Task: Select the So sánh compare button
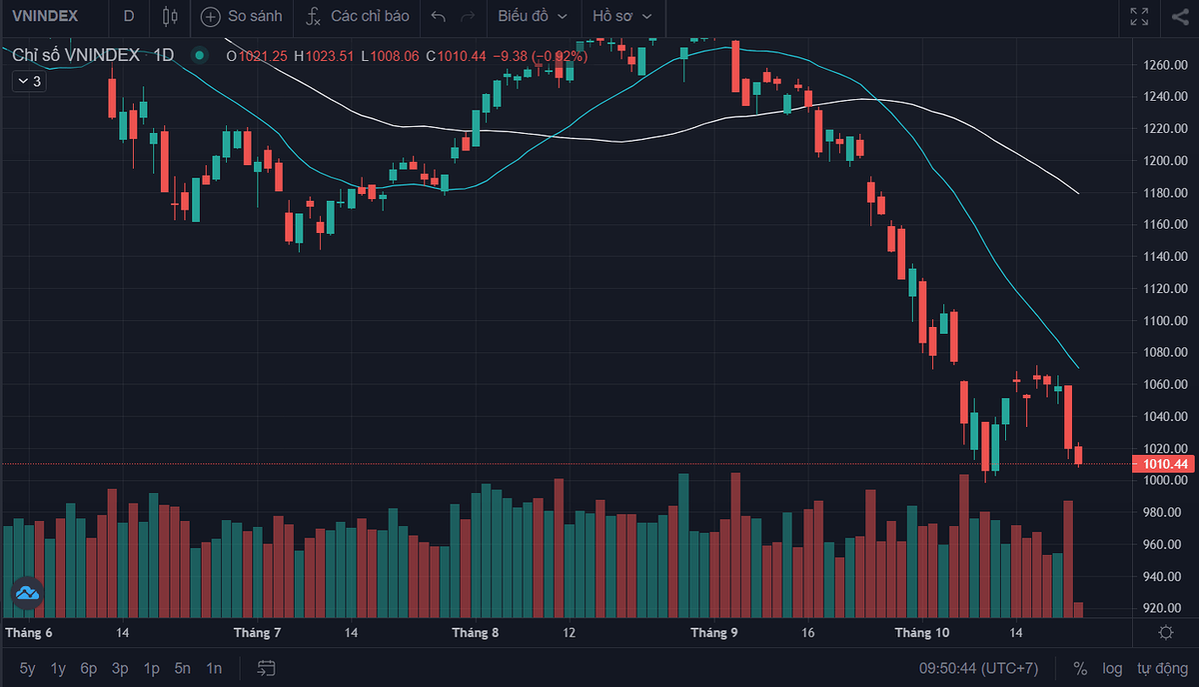(x=242, y=16)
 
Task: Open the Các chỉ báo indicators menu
(x=357, y=16)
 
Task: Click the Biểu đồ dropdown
(x=533, y=16)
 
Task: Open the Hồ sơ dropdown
(x=621, y=16)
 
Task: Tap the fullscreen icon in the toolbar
(x=1139, y=16)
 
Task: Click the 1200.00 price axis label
(x=1165, y=160)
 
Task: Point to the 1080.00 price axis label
(x=1165, y=352)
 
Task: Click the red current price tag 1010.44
(x=1164, y=464)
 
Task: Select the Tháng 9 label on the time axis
(x=714, y=633)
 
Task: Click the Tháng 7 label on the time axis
(x=257, y=633)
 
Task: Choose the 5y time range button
(x=27, y=668)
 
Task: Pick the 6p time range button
(x=89, y=668)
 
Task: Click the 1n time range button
(x=214, y=668)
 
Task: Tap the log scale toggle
(x=1112, y=668)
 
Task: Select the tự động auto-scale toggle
(x=1158, y=668)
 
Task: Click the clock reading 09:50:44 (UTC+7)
(x=978, y=668)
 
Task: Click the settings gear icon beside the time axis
(x=1165, y=633)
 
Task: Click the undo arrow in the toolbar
(x=439, y=16)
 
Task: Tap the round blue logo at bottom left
(x=27, y=593)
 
